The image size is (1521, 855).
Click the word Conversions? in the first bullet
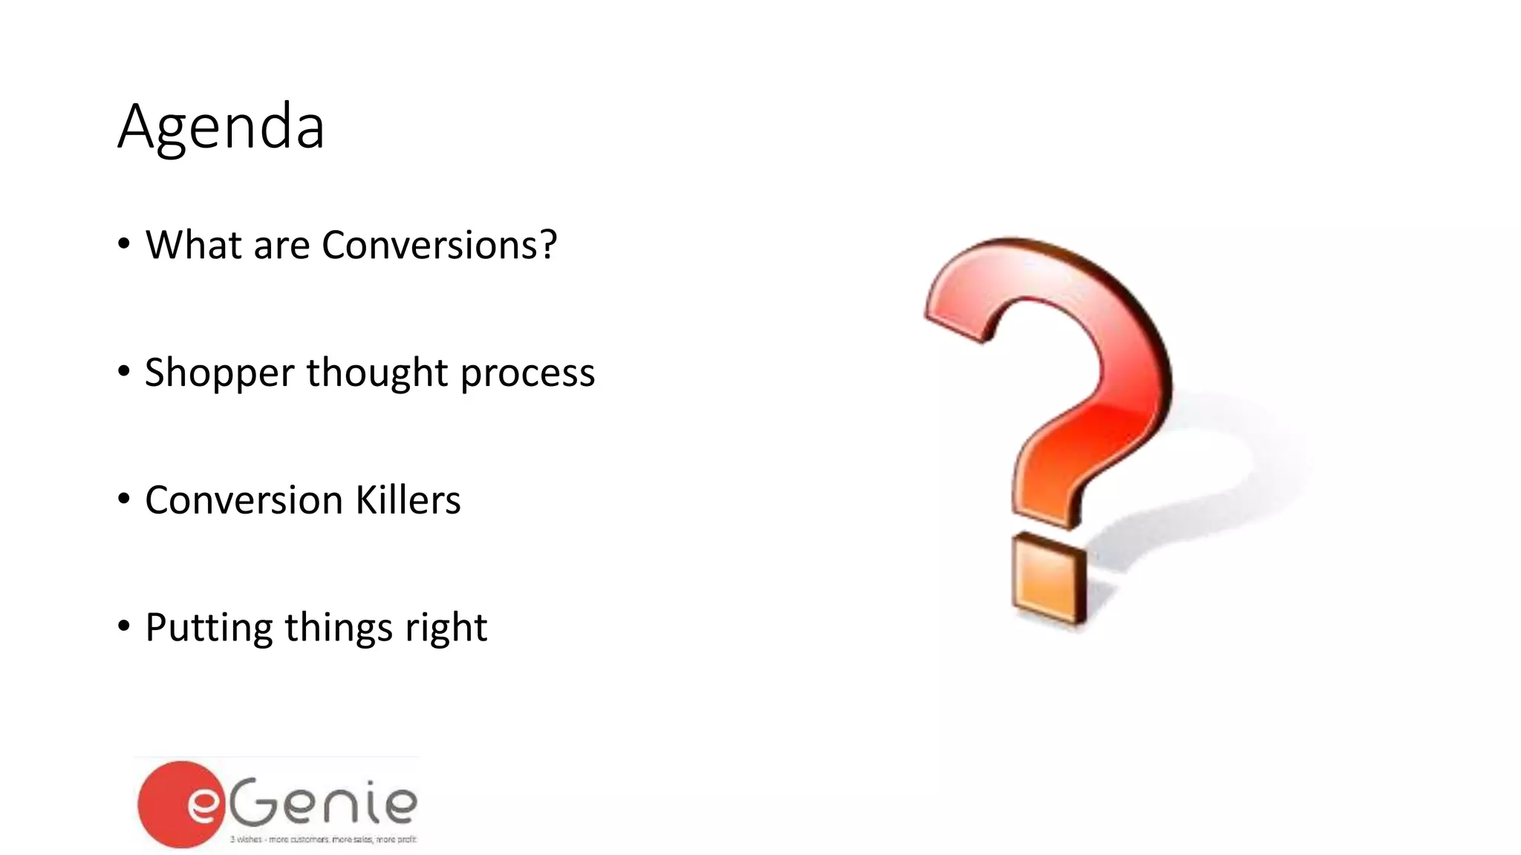439,245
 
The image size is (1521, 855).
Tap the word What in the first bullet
193,245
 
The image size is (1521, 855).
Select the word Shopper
219,373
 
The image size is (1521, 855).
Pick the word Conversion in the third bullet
244,500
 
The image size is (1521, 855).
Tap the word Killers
408,500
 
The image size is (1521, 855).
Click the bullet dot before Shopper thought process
124,370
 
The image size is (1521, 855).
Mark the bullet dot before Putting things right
124,626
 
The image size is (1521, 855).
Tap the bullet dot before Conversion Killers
124,498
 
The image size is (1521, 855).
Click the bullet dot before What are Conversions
124,243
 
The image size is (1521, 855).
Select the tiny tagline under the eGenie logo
323,839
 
